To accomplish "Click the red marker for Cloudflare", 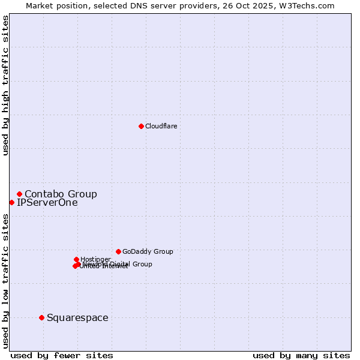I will point(141,126).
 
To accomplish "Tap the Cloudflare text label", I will point(161,126).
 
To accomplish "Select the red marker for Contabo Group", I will point(20,194).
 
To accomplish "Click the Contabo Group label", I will point(61,194).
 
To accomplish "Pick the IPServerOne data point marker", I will point(11,202).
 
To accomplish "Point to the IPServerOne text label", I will point(47,203).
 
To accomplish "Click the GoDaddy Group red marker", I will point(118,251).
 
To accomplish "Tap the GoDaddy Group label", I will point(148,251).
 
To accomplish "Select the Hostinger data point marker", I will point(76,259).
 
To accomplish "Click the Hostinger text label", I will point(95,259).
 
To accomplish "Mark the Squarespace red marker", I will point(41,317).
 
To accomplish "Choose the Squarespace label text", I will point(77,318).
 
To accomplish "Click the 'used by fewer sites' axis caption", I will point(62,356).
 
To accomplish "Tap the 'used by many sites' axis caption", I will point(301,356).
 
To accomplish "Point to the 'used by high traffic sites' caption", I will point(6,85).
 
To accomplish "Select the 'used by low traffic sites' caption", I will point(6,281).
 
